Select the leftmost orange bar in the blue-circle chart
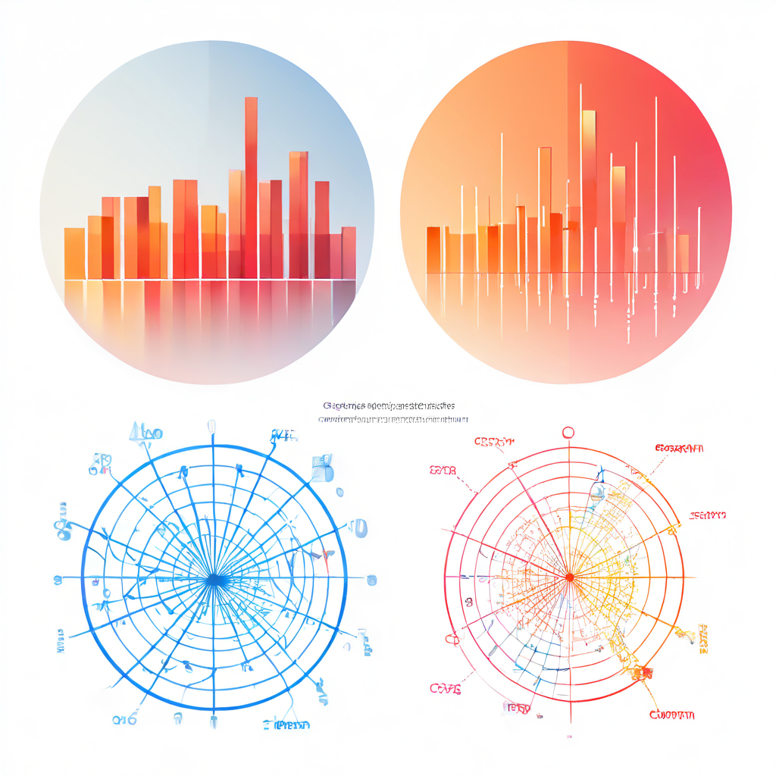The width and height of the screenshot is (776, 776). point(74,253)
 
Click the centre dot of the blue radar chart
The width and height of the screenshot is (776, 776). point(214,579)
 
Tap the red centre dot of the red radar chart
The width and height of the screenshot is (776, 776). point(568,578)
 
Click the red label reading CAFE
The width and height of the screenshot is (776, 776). point(445,688)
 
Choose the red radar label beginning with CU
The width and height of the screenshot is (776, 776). point(672,715)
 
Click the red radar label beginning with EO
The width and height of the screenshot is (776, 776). point(678,449)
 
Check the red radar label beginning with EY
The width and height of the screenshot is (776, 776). point(443,470)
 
